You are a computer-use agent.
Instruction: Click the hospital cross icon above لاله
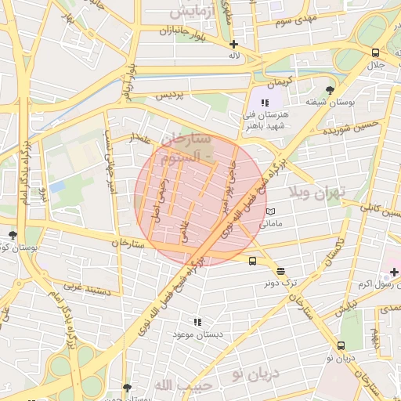(234, 44)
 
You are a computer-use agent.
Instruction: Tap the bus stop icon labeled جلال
(376, 52)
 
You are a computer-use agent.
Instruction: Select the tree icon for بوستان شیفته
(330, 89)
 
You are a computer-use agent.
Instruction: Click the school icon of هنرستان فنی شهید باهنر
(266, 103)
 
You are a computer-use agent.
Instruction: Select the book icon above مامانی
(270, 211)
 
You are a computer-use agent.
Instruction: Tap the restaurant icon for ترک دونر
(281, 270)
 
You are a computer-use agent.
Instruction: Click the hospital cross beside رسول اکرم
(394, 272)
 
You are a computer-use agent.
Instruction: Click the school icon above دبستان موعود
(197, 321)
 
